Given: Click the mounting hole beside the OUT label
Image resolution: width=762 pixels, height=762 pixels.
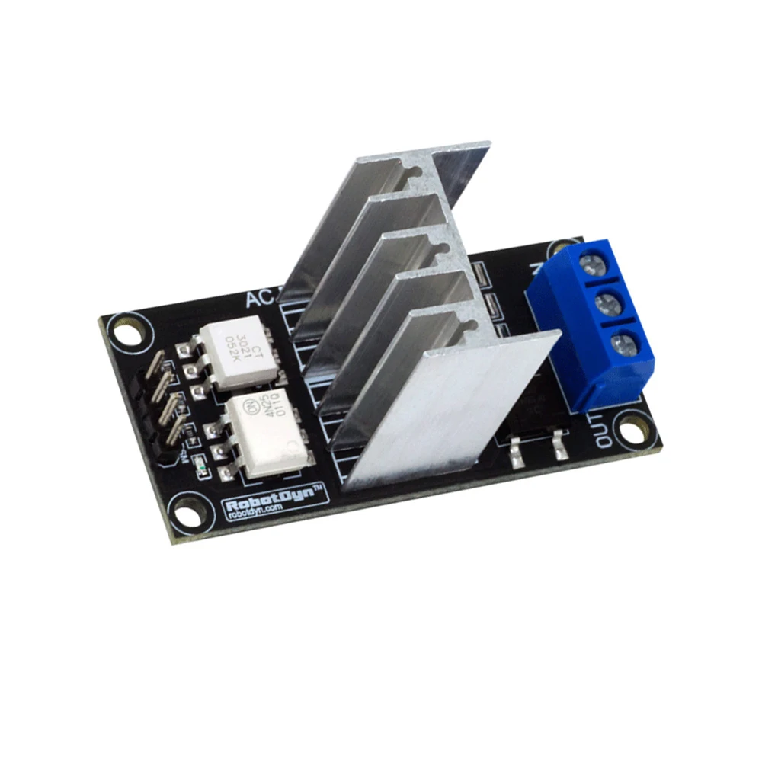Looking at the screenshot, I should (x=630, y=430).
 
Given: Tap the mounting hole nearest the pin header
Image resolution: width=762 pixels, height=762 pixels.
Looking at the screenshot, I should (x=126, y=332).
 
